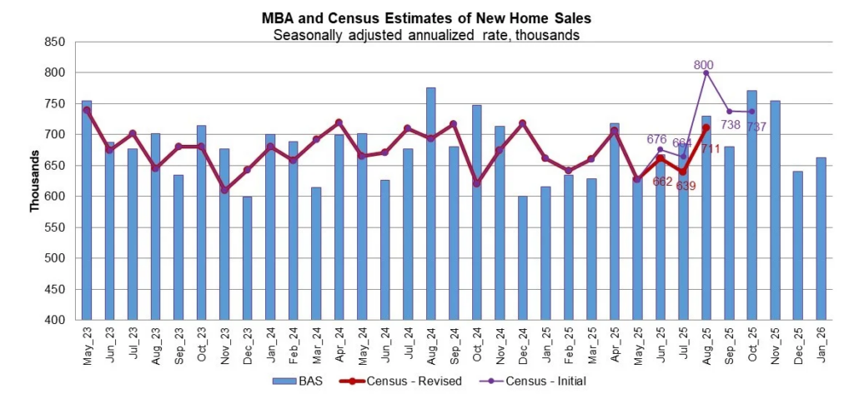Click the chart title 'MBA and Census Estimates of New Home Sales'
coord(426,19)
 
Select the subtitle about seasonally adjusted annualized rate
coord(426,35)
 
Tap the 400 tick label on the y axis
coord(55,320)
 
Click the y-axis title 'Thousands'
coord(35,182)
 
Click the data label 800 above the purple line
coord(703,65)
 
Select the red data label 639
coord(685,185)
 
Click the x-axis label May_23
coord(88,342)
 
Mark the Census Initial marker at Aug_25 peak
coord(706,73)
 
